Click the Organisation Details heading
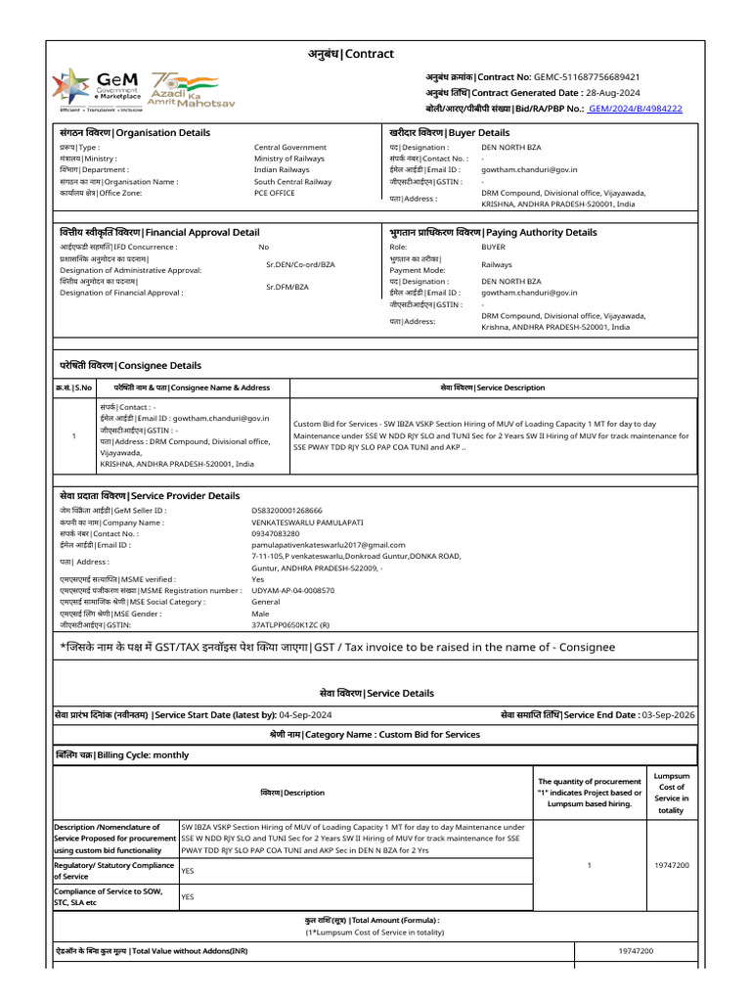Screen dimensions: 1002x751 click(x=134, y=132)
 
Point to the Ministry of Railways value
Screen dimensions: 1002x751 click(x=289, y=159)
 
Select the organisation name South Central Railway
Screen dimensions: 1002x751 click(x=292, y=181)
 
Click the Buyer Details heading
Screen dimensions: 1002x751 click(x=449, y=132)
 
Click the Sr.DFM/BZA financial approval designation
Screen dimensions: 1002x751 click(x=287, y=287)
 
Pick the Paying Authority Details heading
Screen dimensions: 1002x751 click(x=493, y=232)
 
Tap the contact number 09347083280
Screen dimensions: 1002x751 click(x=276, y=533)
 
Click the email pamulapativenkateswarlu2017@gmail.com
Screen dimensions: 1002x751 click(x=328, y=544)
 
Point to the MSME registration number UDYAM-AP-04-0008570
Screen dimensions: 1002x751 click(x=292, y=590)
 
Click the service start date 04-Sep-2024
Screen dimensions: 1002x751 click(x=305, y=715)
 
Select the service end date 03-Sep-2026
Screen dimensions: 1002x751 click(x=668, y=715)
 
